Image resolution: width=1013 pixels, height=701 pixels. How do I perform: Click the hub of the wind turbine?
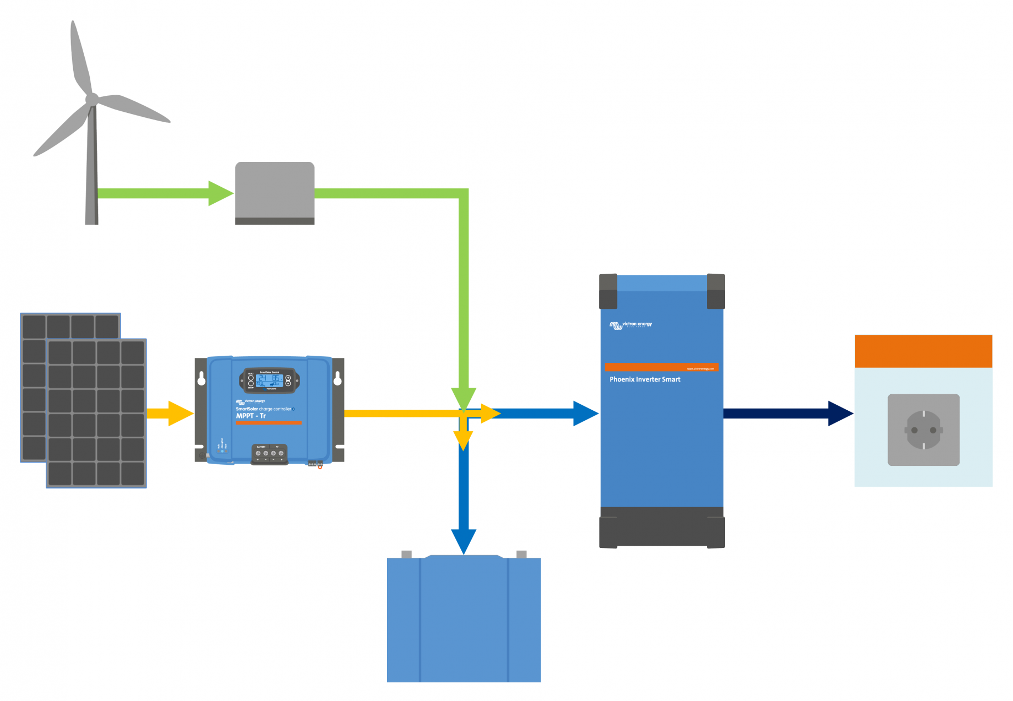(92, 100)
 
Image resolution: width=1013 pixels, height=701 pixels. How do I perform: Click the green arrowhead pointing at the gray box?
(220, 193)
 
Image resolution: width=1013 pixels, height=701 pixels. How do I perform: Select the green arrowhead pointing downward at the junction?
(464, 398)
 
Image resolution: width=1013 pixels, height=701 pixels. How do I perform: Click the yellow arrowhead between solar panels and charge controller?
(179, 414)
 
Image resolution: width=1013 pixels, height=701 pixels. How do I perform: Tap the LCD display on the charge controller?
(269, 381)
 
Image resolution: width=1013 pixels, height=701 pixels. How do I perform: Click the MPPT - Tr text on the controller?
(251, 416)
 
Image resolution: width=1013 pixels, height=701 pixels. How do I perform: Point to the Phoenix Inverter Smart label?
(645, 379)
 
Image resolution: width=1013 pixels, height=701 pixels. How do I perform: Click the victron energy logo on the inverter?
(631, 325)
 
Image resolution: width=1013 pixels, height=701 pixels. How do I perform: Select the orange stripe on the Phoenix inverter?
(661, 367)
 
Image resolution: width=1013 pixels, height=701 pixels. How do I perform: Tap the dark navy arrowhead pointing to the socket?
(839, 414)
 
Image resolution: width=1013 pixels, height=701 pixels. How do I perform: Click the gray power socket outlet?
(923, 430)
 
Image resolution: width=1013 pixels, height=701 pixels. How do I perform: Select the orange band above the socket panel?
(923, 351)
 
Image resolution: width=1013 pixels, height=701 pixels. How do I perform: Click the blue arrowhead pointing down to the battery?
(464, 540)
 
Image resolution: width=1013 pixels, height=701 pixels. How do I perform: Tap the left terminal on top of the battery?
(407, 554)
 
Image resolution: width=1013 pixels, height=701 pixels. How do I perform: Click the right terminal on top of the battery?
(521, 554)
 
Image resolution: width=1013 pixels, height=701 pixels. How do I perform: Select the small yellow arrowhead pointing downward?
(464, 439)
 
